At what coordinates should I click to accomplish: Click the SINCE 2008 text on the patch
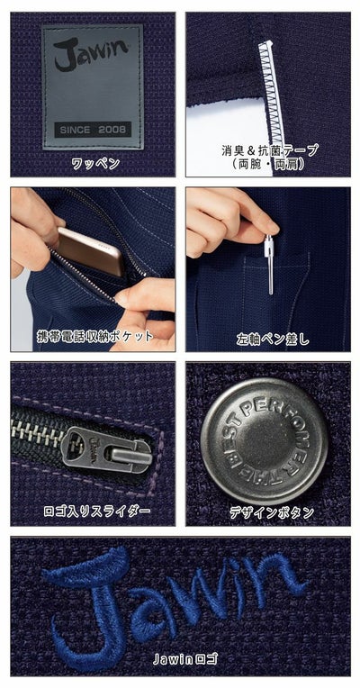pyautogui.click(x=92, y=129)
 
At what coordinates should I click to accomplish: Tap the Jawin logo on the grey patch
pyautogui.click(x=91, y=59)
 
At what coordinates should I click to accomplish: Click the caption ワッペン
pyautogui.click(x=93, y=164)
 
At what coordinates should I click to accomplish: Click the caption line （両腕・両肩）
pyautogui.click(x=270, y=165)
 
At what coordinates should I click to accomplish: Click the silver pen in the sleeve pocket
pyautogui.click(x=269, y=263)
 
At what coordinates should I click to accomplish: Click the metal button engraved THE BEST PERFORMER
pyautogui.click(x=263, y=439)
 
